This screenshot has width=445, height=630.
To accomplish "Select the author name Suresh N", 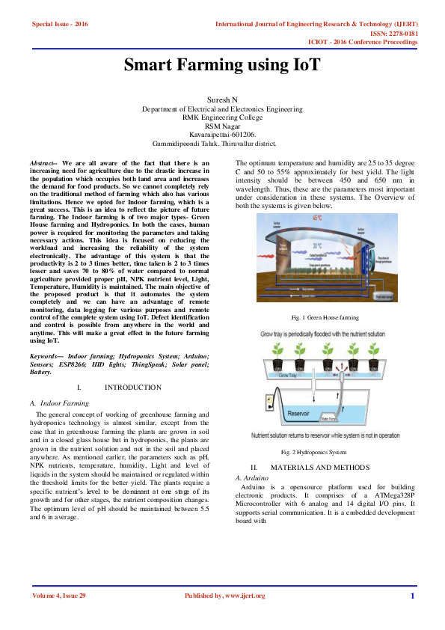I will point(222,100).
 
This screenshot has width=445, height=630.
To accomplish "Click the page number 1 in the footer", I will point(411,596).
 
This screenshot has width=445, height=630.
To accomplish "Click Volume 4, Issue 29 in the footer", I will point(59,596).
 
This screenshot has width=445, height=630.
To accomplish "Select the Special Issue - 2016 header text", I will point(60,24).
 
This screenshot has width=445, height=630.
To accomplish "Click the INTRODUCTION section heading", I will point(132,387).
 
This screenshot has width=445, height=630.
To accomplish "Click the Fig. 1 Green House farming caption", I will point(325,317).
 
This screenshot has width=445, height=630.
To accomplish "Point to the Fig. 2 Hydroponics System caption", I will point(314,452).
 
